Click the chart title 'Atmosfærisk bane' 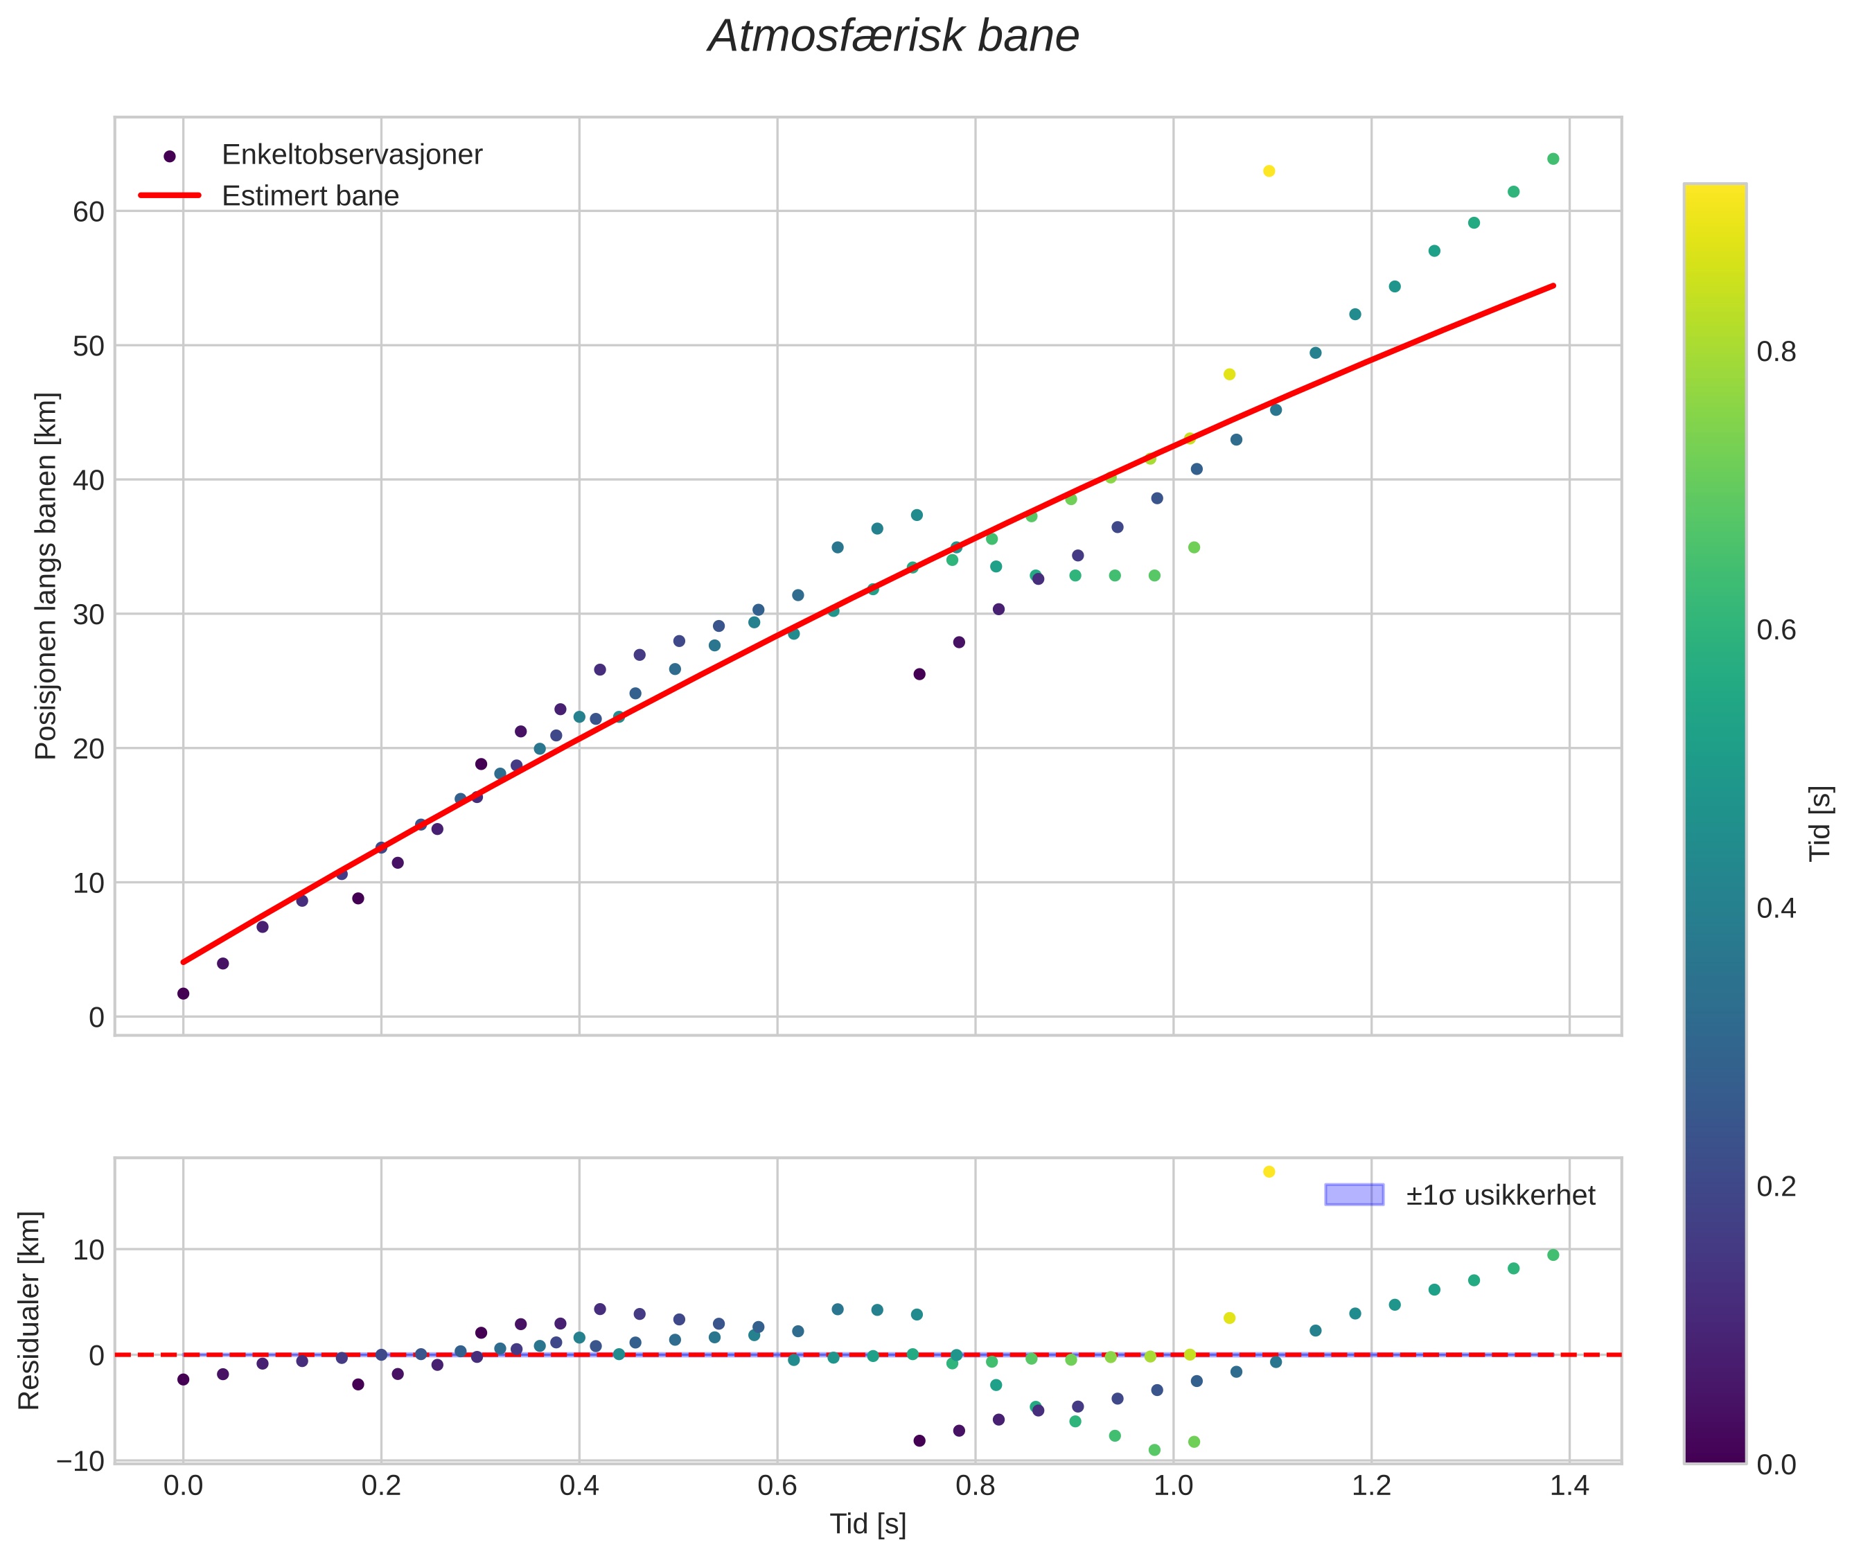click(x=893, y=37)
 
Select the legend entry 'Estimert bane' click(x=310, y=196)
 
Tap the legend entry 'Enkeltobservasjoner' click(x=351, y=155)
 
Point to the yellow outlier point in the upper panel click(x=1269, y=171)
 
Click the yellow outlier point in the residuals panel click(x=1269, y=1172)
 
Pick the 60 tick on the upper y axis click(x=88, y=212)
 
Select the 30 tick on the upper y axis click(x=88, y=615)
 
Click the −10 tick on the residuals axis click(x=80, y=1462)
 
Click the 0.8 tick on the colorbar click(x=1776, y=352)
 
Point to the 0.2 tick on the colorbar click(x=1776, y=1187)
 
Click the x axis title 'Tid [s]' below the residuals click(x=867, y=1525)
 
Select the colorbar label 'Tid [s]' click(x=1819, y=823)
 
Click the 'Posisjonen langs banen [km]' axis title click(x=46, y=575)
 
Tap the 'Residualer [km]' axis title click(x=30, y=1311)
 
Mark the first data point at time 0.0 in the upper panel click(x=184, y=993)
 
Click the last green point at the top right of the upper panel click(x=1553, y=159)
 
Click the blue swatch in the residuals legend click(x=1355, y=1195)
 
